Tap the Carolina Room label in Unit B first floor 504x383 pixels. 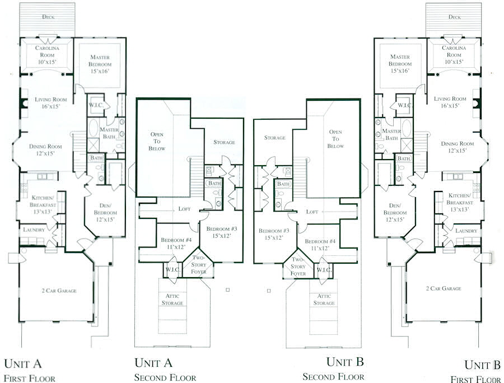pyautogui.click(x=453, y=52)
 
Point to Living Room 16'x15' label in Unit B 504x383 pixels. pyautogui.click(x=450, y=102)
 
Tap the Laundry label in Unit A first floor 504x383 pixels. pyautogui.click(x=34, y=230)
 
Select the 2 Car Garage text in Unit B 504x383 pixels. pyautogui.click(x=442, y=288)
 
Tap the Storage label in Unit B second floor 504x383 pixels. pyautogui.click(x=275, y=138)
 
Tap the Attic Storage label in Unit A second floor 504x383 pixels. pyautogui.click(x=172, y=300)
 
